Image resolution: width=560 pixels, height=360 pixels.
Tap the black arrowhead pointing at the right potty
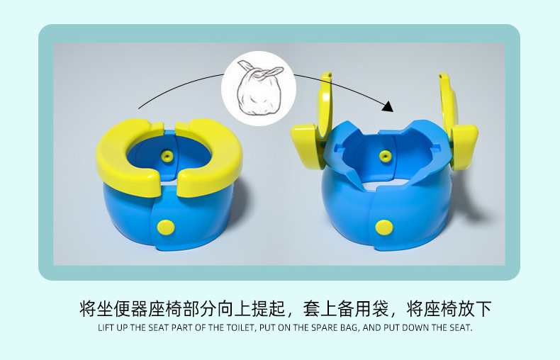(x=388, y=106)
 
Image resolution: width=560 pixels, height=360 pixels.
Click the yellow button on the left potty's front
(x=166, y=227)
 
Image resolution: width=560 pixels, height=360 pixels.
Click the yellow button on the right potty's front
(x=384, y=227)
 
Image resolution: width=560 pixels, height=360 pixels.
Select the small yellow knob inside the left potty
(x=167, y=156)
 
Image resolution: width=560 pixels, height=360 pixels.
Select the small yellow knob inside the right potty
(x=385, y=156)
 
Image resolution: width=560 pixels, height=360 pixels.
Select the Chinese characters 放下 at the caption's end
(x=475, y=308)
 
